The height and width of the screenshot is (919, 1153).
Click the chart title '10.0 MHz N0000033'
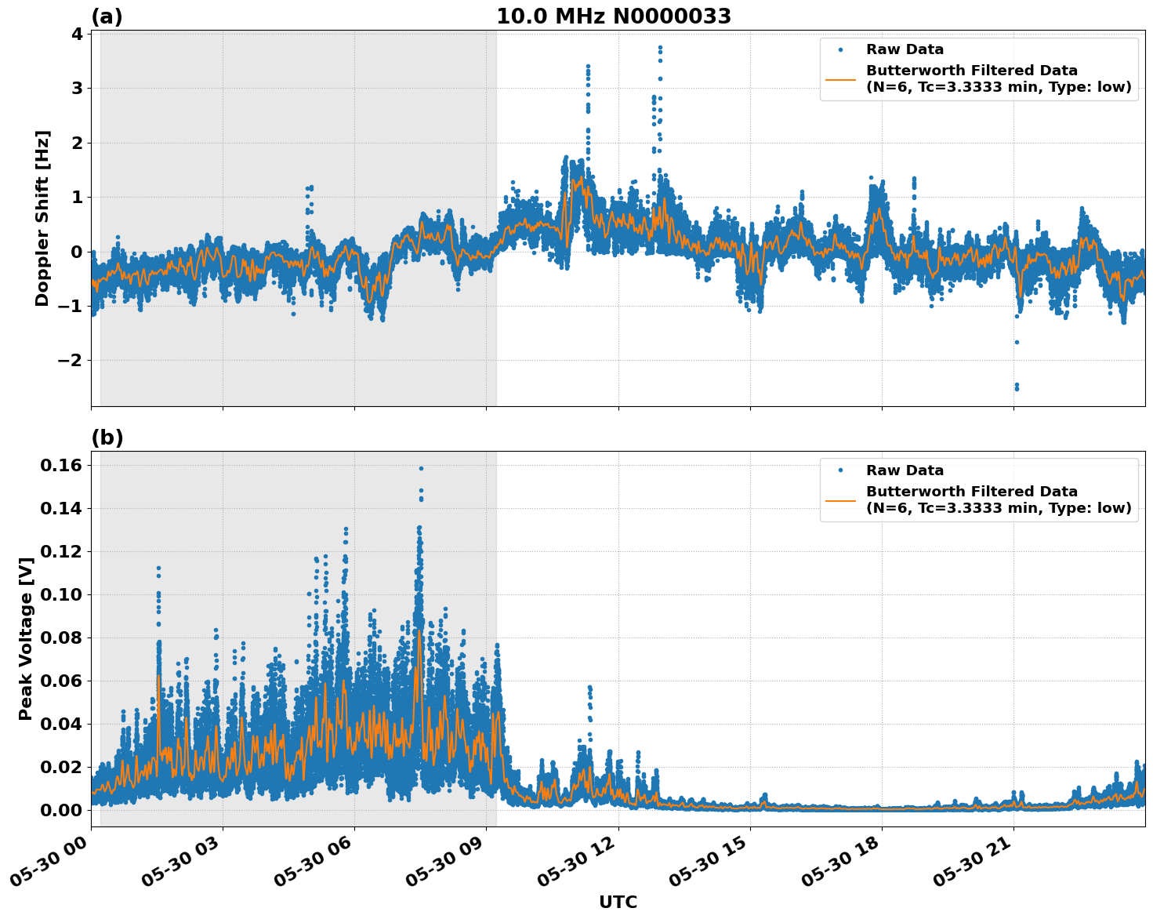tap(613, 16)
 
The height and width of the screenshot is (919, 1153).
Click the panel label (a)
tap(107, 16)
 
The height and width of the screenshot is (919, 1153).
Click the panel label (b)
tap(107, 438)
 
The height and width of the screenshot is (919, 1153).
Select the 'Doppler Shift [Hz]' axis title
tap(42, 218)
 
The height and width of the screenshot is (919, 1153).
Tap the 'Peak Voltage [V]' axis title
tap(26, 639)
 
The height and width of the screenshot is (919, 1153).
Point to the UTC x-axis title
tap(618, 902)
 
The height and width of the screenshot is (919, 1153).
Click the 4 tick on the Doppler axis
tap(76, 34)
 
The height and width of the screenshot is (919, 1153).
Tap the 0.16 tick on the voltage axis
tap(60, 466)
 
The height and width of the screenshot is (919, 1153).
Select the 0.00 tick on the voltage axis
tap(60, 810)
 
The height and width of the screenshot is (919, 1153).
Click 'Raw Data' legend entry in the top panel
tap(905, 49)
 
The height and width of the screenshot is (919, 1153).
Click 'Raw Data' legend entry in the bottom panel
tap(905, 470)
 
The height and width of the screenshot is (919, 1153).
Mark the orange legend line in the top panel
tap(840, 79)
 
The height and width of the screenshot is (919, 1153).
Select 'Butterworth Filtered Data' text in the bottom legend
tap(972, 492)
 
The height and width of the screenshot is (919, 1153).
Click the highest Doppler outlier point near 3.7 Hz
tap(660, 47)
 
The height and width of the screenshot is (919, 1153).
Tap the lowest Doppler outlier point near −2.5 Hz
tap(1017, 388)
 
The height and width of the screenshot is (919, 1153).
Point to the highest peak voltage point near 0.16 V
tap(421, 468)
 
